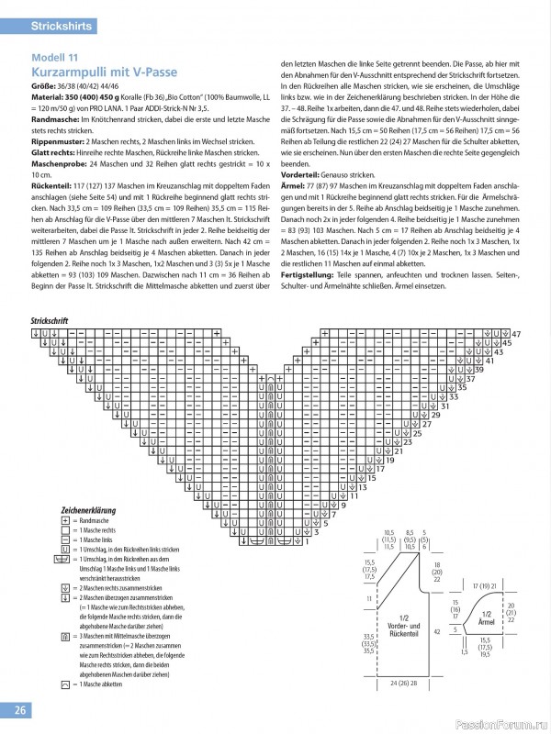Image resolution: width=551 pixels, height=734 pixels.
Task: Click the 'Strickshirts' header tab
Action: coord(62,27)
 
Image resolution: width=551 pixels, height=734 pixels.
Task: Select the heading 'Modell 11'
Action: coord(54,58)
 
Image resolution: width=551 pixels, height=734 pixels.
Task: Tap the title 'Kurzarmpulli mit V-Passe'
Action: coord(104,72)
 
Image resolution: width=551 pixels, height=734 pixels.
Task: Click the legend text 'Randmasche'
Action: coord(97,519)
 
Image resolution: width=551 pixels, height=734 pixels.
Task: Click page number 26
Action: coord(19,710)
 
